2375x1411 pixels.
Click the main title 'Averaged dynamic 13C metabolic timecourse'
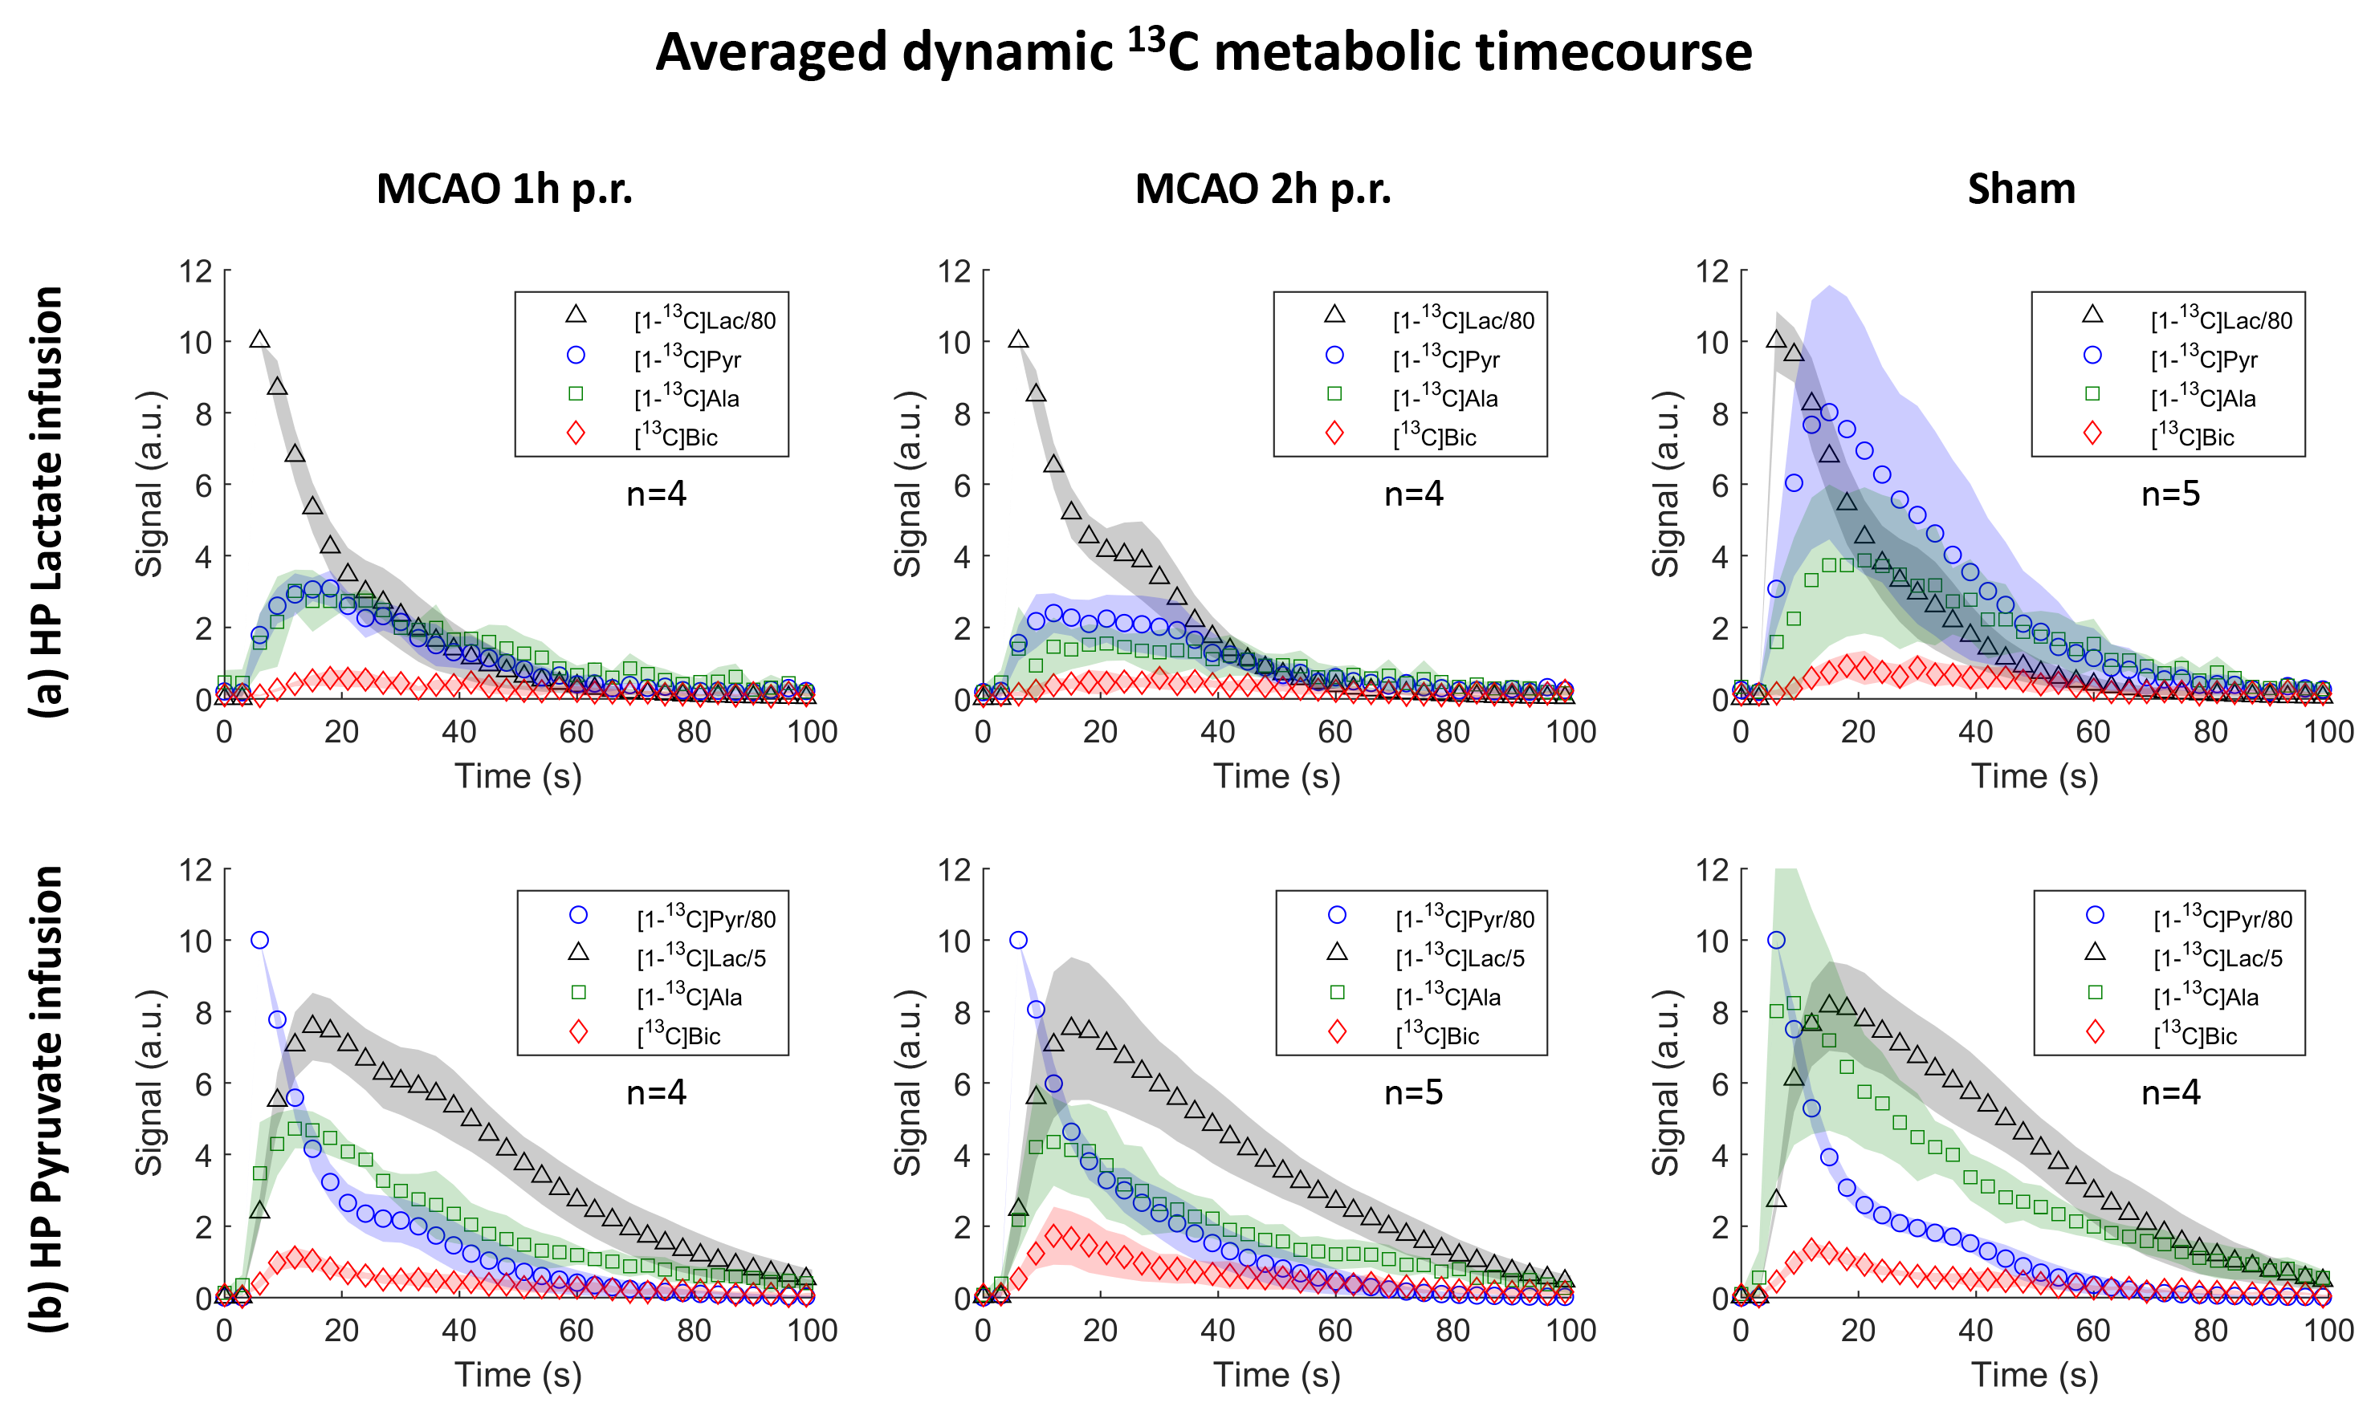point(1204,51)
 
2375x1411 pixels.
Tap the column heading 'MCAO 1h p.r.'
point(504,189)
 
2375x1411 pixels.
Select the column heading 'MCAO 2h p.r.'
point(1262,189)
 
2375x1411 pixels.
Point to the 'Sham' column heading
point(2020,189)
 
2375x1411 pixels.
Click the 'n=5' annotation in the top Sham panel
point(2169,494)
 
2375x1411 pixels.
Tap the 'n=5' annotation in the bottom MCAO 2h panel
point(1412,1092)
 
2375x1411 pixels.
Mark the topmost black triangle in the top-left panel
point(259,340)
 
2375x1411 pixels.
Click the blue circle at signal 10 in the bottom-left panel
point(259,941)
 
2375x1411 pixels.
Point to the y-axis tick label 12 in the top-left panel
point(196,271)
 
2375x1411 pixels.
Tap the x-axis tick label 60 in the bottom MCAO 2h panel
point(1334,1330)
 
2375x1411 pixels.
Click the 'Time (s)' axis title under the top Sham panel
point(2035,776)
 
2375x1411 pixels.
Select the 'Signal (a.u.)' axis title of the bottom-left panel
point(149,1082)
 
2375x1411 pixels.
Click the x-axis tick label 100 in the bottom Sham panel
point(2328,1330)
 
